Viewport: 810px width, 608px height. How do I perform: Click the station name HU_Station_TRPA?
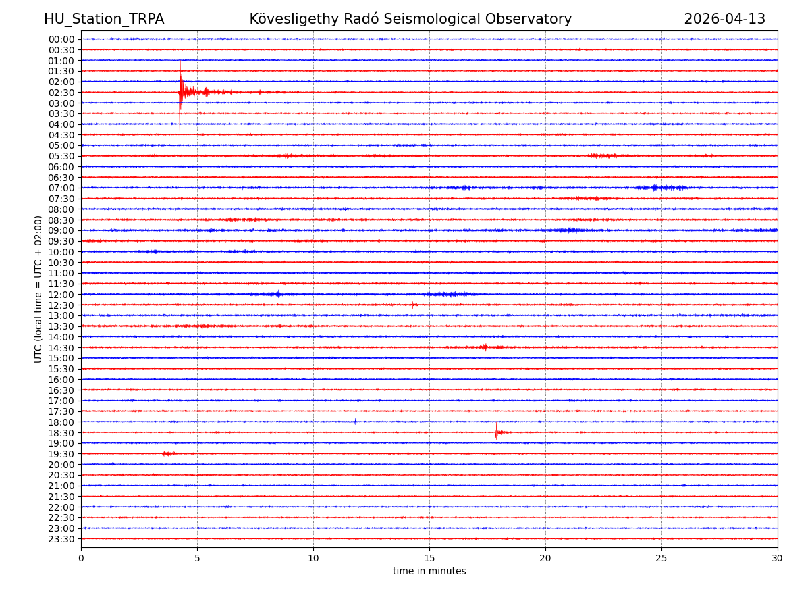104,19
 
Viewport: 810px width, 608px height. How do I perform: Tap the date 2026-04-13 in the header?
724,19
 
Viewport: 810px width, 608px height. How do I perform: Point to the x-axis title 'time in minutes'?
429,571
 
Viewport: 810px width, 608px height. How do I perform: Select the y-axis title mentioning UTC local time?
38,288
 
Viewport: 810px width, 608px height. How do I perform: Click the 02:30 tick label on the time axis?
61,93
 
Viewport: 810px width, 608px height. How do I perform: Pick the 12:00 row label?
61,295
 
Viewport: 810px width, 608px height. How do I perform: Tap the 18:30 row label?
61,433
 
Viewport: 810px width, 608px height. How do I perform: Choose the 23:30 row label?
61,539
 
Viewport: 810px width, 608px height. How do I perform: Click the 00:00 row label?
61,39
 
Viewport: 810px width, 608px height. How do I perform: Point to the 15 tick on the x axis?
429,558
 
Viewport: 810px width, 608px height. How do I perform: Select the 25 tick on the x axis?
661,558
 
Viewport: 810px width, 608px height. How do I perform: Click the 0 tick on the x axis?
81,558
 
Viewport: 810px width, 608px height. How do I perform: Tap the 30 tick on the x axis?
778,558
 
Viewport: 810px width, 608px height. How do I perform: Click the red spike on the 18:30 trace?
496,432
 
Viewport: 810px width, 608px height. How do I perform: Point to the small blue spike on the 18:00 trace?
355,422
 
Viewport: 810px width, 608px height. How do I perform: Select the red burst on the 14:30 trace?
485,347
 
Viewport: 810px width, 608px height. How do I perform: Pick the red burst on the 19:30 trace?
167,453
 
